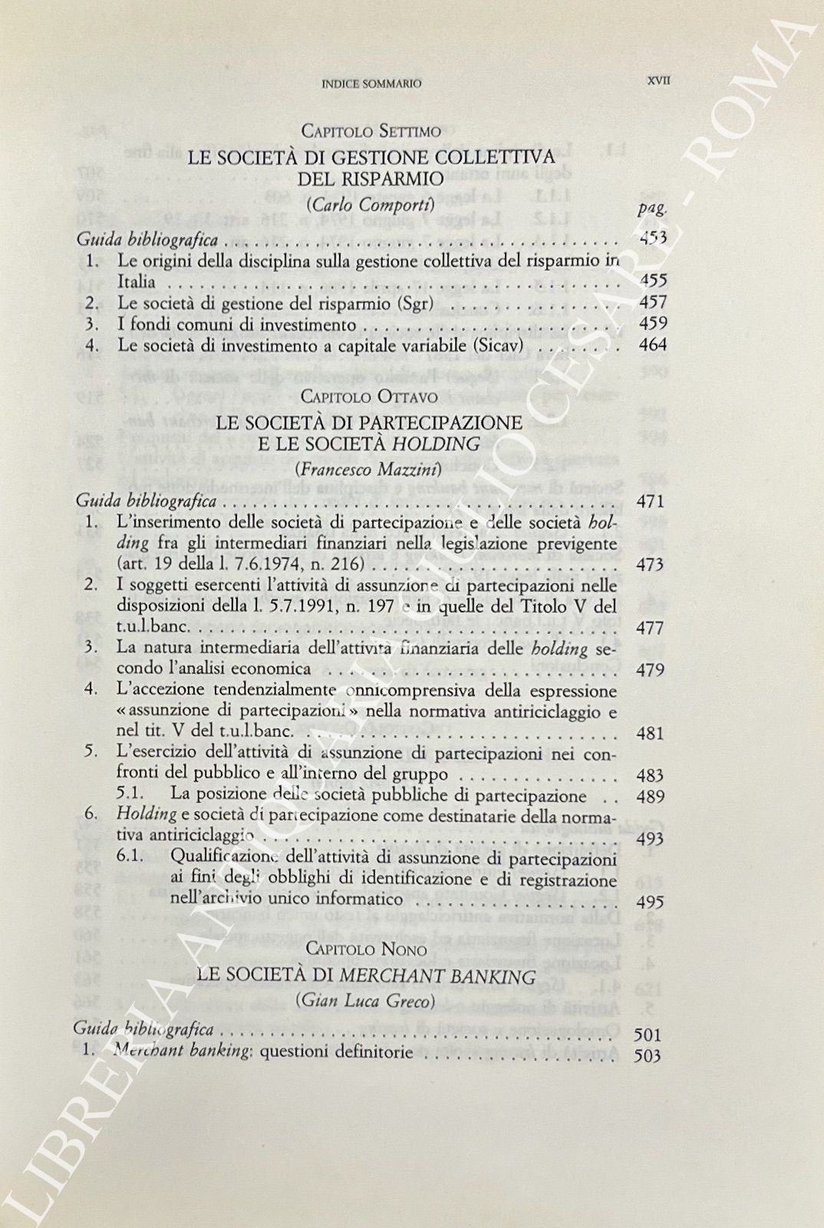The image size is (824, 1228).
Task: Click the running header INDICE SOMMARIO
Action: pos(371,84)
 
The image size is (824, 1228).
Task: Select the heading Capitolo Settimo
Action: pos(371,131)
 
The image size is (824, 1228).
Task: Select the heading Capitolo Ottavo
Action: pos(371,397)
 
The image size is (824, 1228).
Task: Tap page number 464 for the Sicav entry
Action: pos(652,345)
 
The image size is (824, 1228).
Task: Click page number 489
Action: pos(650,797)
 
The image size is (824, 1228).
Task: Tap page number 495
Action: pos(650,903)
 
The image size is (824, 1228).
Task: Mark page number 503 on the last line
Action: pos(648,1055)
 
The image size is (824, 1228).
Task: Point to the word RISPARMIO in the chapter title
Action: pos(371,180)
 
